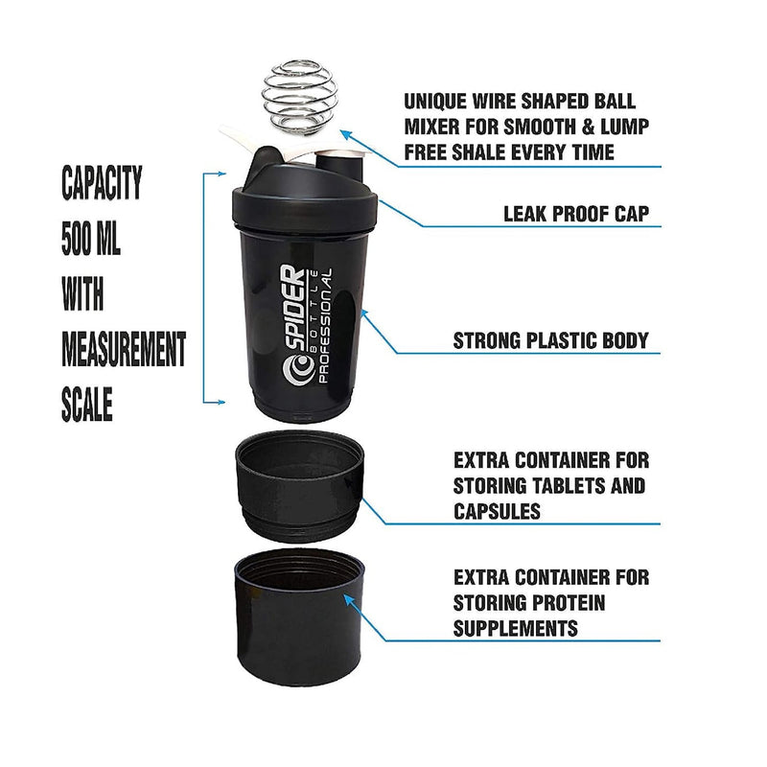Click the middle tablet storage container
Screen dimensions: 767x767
(x=297, y=485)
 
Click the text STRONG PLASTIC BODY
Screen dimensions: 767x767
(x=550, y=340)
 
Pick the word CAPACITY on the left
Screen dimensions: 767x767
(x=102, y=182)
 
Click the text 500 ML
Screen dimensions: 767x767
(x=91, y=238)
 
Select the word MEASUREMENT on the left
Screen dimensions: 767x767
(x=124, y=350)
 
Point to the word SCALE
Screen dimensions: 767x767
(x=87, y=406)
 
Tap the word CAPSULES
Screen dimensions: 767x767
(x=498, y=511)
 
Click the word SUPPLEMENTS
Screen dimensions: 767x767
(x=516, y=628)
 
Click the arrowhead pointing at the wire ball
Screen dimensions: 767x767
(x=343, y=136)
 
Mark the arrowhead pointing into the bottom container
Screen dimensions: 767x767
(x=348, y=600)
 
